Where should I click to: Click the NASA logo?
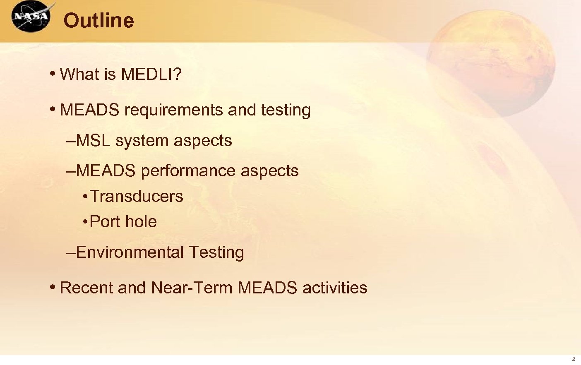point(31,17)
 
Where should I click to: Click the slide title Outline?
point(98,20)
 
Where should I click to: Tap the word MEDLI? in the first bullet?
point(151,74)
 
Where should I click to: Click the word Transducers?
point(136,196)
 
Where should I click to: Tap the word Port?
point(104,222)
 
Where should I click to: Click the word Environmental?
point(130,252)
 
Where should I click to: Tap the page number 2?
point(574,359)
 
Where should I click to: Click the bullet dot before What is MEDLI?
point(52,74)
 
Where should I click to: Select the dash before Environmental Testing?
point(71,252)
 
